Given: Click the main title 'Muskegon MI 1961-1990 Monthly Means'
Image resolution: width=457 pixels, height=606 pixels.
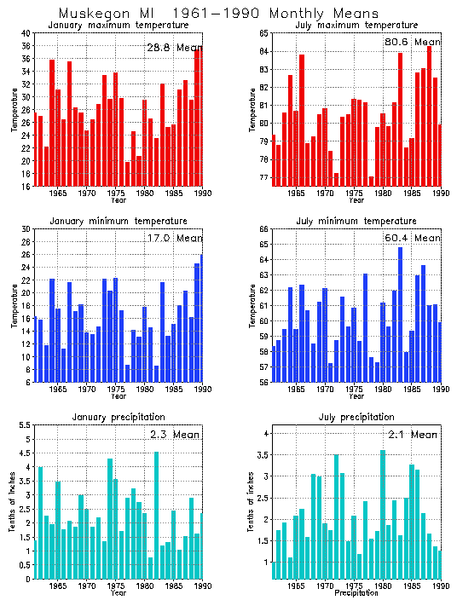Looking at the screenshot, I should click(218, 13).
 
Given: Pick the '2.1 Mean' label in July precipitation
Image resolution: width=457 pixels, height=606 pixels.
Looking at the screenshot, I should click(413, 434).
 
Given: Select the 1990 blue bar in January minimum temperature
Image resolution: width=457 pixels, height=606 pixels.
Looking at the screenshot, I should click(201, 318).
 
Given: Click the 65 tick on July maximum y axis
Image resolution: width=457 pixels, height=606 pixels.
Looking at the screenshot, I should click(264, 33).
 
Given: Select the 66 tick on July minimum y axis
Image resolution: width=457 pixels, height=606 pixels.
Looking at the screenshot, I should click(264, 229).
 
